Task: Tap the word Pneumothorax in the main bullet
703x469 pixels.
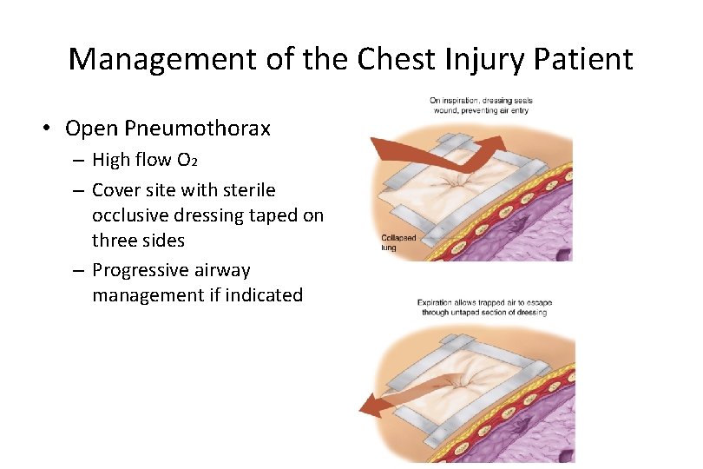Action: click(198, 129)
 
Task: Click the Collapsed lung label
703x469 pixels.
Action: click(398, 242)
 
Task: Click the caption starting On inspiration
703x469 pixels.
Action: click(481, 105)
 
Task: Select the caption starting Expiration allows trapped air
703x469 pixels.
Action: click(484, 307)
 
